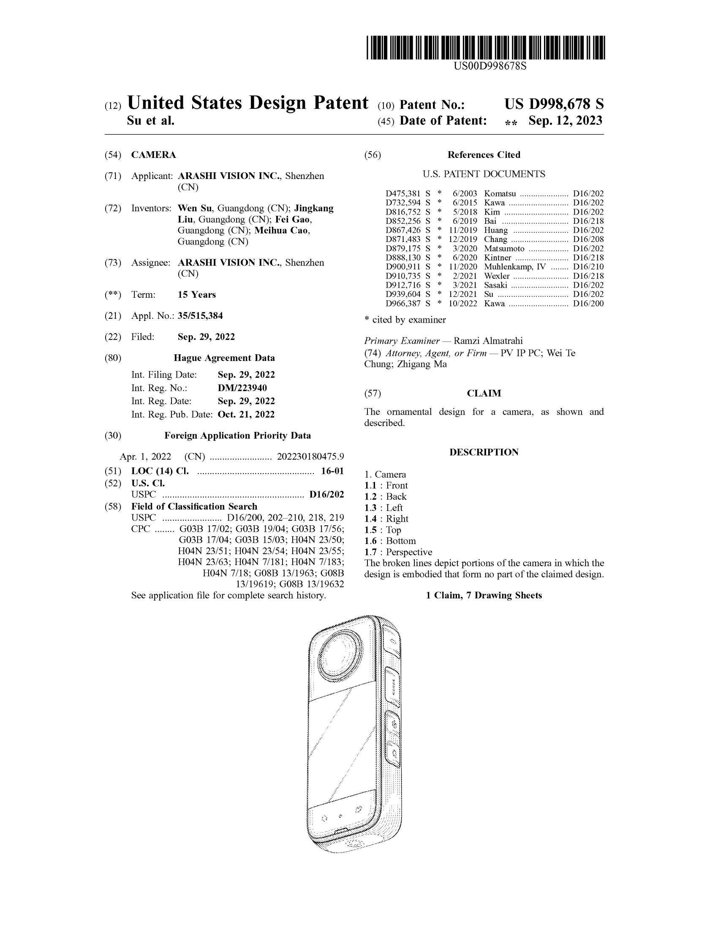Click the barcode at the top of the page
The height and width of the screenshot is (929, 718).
(485, 47)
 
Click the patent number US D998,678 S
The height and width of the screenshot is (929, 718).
(554, 104)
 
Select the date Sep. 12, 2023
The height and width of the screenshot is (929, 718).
(565, 121)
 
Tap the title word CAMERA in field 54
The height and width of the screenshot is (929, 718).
(154, 155)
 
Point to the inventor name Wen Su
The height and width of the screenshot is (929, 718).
(194, 209)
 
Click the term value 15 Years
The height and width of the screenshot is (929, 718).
(196, 295)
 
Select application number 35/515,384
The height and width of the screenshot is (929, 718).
(200, 315)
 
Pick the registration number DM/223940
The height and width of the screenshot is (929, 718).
(242, 388)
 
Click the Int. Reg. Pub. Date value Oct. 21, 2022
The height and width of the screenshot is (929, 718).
(246, 414)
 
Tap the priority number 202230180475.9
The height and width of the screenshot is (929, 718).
(310, 457)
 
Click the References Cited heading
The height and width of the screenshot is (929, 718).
(484, 155)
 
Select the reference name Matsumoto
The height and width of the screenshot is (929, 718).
(504, 248)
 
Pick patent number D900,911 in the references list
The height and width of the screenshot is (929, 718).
(403, 267)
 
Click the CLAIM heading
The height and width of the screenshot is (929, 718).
(484, 394)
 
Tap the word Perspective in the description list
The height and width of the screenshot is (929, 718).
(409, 552)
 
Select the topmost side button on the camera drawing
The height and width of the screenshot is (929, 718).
(392, 642)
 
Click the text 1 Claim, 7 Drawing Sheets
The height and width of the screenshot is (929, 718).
(484, 595)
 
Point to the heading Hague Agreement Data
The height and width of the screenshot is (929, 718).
(224, 358)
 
